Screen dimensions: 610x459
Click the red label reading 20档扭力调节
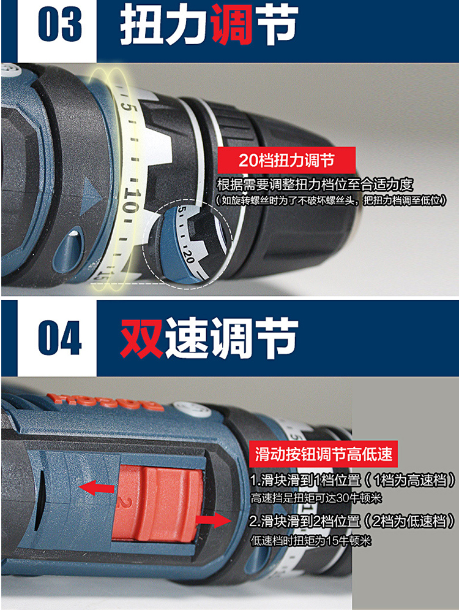286,161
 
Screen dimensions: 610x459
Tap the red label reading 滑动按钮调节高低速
323,455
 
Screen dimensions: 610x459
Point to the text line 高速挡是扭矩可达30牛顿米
311,497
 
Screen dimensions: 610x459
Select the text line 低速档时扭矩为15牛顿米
311,541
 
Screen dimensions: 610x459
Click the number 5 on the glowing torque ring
126,105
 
